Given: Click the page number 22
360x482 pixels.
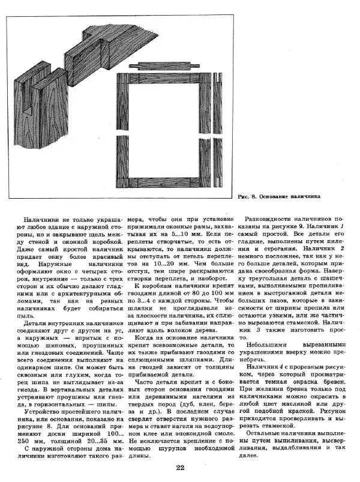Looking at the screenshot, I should coord(180,468).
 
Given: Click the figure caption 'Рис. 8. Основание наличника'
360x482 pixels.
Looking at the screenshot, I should coord(278,196).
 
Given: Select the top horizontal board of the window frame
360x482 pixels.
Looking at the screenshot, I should coord(166,79).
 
